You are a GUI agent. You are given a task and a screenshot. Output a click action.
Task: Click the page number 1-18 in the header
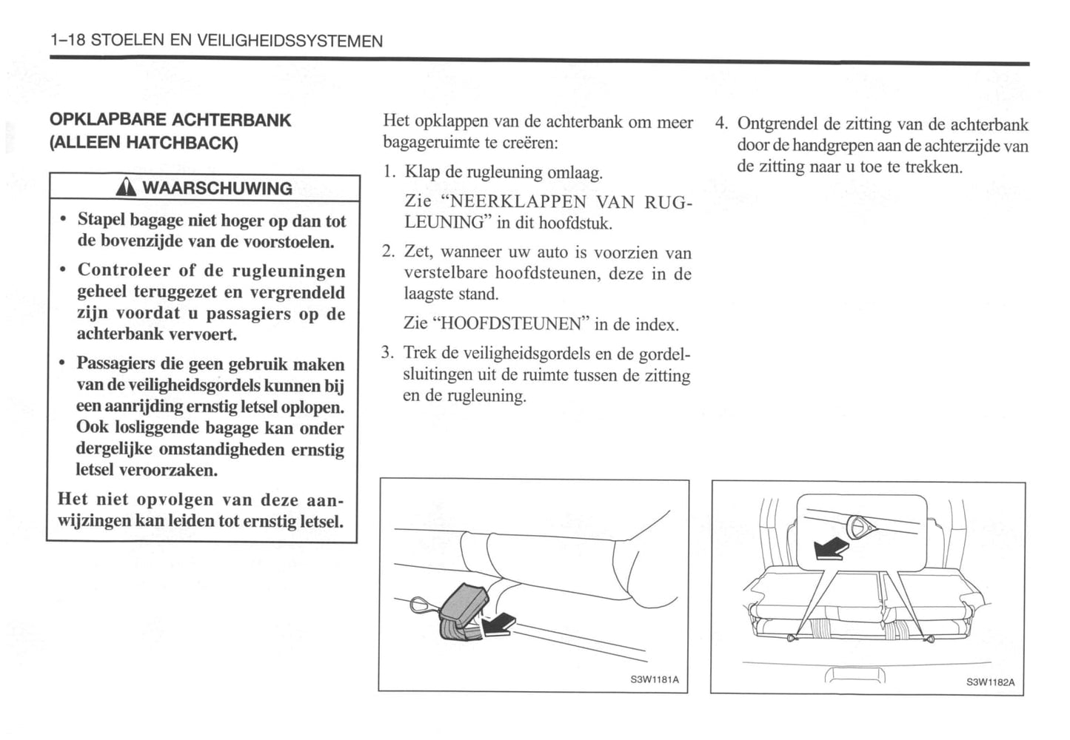tap(67, 41)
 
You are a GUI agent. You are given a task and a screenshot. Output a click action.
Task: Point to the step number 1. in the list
tap(390, 172)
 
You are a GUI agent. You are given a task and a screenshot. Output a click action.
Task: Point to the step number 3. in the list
tap(388, 353)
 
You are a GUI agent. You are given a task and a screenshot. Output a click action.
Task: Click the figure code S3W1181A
tap(655, 679)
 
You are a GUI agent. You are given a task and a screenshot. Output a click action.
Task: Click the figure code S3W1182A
tap(990, 682)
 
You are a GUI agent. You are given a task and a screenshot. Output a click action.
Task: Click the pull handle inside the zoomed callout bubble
tap(860, 526)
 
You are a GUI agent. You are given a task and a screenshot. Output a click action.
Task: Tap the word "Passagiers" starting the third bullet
tap(114, 364)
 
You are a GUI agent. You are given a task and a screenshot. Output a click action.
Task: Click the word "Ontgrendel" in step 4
tap(778, 124)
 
